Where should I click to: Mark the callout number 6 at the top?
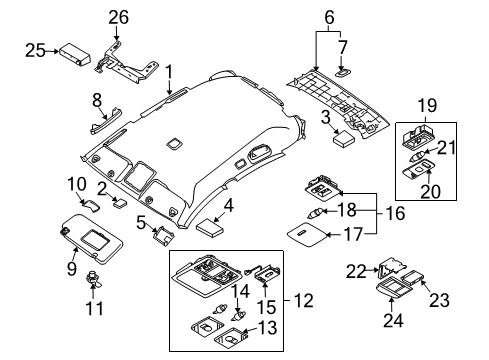(x=328, y=16)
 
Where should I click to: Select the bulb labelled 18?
(x=319, y=211)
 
